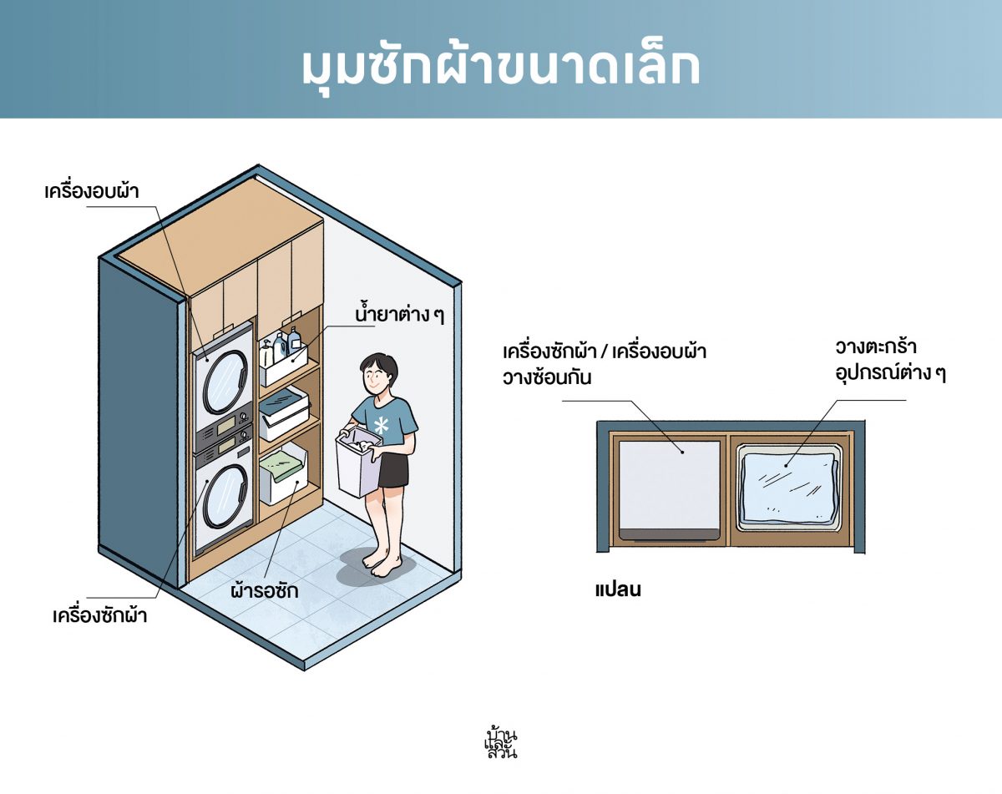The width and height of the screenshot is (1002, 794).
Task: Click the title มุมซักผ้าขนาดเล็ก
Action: click(501, 67)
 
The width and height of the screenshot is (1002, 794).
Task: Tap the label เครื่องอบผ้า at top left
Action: click(92, 191)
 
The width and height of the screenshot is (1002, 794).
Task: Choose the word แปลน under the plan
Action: click(619, 589)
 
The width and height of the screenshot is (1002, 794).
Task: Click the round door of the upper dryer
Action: click(225, 377)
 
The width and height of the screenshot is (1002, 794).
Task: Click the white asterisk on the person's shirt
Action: click(382, 426)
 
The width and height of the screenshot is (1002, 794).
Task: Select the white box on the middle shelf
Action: click(283, 412)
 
